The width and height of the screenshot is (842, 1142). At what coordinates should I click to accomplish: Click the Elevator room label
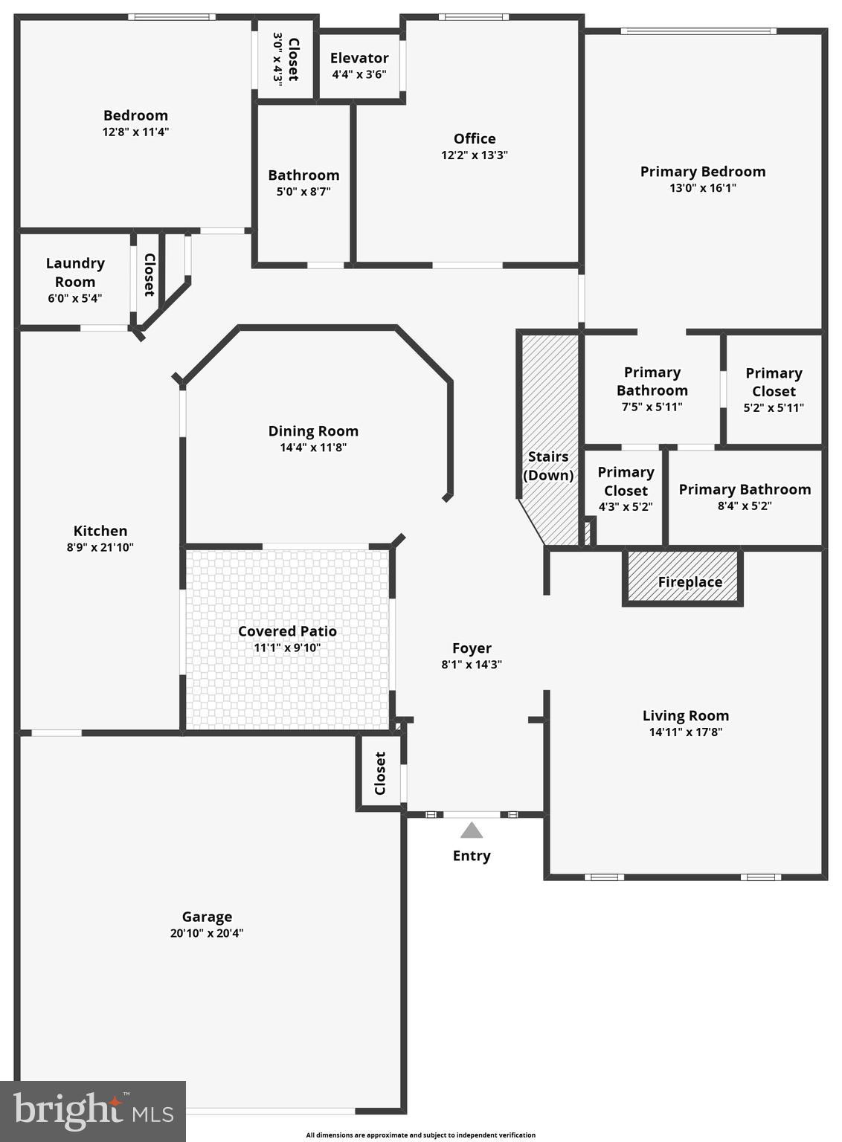(x=359, y=58)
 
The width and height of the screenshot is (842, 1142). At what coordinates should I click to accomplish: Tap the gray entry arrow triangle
(x=471, y=830)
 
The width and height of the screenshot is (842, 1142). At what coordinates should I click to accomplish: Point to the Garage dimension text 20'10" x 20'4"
(x=207, y=933)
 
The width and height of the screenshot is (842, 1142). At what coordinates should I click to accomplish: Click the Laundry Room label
(x=75, y=272)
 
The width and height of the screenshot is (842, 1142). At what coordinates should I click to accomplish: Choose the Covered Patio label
(x=287, y=631)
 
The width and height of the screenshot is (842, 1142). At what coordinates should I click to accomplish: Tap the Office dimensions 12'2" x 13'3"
(x=475, y=155)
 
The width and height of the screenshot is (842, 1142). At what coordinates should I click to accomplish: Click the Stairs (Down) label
(x=548, y=466)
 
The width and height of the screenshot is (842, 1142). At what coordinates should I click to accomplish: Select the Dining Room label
(x=313, y=431)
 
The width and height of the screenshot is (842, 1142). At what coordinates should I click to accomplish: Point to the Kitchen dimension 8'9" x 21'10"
(x=100, y=547)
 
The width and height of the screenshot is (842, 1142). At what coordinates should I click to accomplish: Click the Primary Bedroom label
(x=703, y=172)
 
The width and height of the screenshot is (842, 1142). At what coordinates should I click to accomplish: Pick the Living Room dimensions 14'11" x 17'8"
(x=685, y=732)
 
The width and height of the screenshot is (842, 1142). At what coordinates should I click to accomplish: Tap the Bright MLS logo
(x=93, y=1111)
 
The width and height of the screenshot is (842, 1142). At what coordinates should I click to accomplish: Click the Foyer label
(x=472, y=648)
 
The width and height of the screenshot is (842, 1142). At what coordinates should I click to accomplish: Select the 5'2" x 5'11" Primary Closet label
(x=774, y=390)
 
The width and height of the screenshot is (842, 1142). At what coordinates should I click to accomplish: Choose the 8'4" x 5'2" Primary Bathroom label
(x=745, y=497)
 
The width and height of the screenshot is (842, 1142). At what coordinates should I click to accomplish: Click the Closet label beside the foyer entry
(x=380, y=773)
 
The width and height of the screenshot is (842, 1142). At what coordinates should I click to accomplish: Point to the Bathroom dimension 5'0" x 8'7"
(x=303, y=192)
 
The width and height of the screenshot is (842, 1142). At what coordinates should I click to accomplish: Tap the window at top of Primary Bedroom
(x=698, y=31)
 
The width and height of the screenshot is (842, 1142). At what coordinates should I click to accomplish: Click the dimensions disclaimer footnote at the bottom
(x=420, y=1135)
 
